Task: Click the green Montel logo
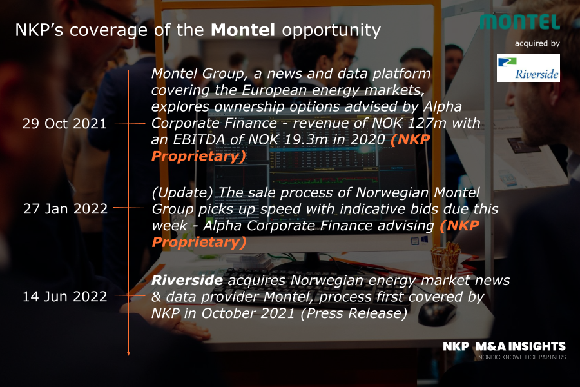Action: [520, 22]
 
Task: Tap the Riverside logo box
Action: [528, 68]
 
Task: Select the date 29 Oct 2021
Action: [64, 124]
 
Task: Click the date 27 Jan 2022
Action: [66, 209]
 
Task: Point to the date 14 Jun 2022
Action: [65, 297]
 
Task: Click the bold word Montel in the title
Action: [243, 30]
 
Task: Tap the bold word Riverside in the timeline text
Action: [187, 281]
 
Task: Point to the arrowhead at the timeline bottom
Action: [128, 353]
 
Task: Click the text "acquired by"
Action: [537, 43]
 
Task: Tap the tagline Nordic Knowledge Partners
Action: [522, 357]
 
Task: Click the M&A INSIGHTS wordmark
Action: [521, 346]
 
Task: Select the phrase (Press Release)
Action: [354, 313]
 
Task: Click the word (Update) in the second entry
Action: [182, 193]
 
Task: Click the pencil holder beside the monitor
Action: [446, 263]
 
